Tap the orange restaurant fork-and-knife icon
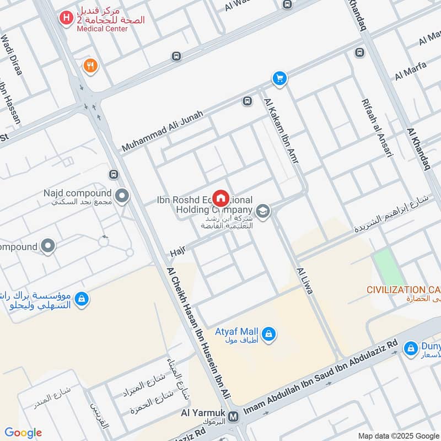90,66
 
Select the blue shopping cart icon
280,79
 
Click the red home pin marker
221,197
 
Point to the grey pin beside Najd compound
122,195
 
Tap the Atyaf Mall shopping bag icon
268,334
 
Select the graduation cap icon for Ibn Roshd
263,211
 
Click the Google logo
23,432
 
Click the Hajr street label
177,252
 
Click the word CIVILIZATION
396,290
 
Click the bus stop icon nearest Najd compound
114,175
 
